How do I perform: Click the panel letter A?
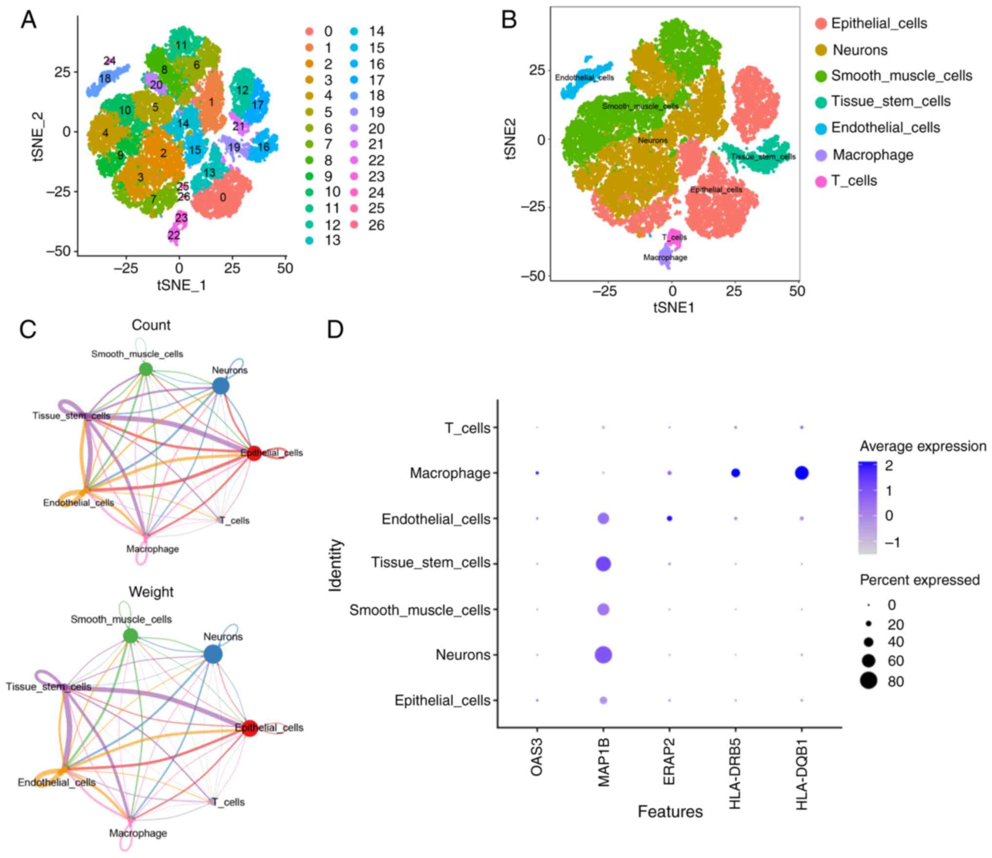[x=28, y=21]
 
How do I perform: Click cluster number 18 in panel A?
[x=105, y=79]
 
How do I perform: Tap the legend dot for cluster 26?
[x=354, y=225]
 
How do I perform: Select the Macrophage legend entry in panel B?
[x=872, y=155]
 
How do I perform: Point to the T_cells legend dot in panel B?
[x=821, y=181]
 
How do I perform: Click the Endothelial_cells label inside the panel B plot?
[x=584, y=78]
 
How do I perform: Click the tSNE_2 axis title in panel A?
[x=38, y=137]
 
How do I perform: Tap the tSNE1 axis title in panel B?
[x=674, y=307]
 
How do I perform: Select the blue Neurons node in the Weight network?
[x=212, y=654]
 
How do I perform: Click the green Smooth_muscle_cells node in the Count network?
[x=145, y=369]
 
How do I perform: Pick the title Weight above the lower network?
[x=151, y=591]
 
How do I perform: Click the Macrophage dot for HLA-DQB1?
[x=802, y=473]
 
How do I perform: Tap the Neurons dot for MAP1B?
[x=603, y=655]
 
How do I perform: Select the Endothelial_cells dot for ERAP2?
[x=670, y=518]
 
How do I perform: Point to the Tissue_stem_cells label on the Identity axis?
[x=431, y=563]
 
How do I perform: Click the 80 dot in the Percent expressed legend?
[x=868, y=681]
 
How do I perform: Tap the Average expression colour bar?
[x=868, y=507]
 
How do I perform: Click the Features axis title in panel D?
[x=670, y=812]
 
